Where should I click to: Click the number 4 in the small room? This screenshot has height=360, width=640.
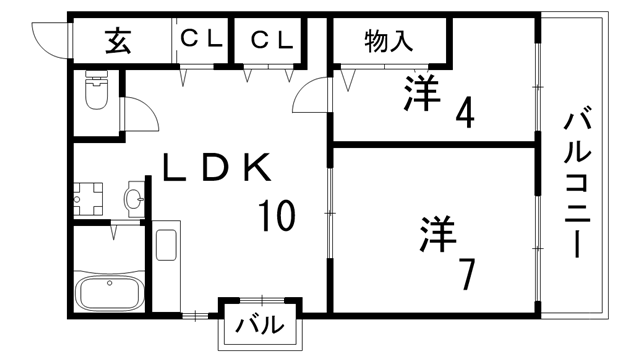pos(464,110)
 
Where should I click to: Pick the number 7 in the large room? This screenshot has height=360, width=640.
pos(466,272)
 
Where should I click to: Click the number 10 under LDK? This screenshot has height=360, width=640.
pos(276,214)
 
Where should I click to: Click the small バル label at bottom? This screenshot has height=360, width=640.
pos(260,325)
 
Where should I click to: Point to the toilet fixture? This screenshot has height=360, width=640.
pos(96,93)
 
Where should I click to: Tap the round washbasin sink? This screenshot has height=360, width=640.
pos(133,198)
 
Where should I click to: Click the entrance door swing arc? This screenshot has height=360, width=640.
pos(49,38)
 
